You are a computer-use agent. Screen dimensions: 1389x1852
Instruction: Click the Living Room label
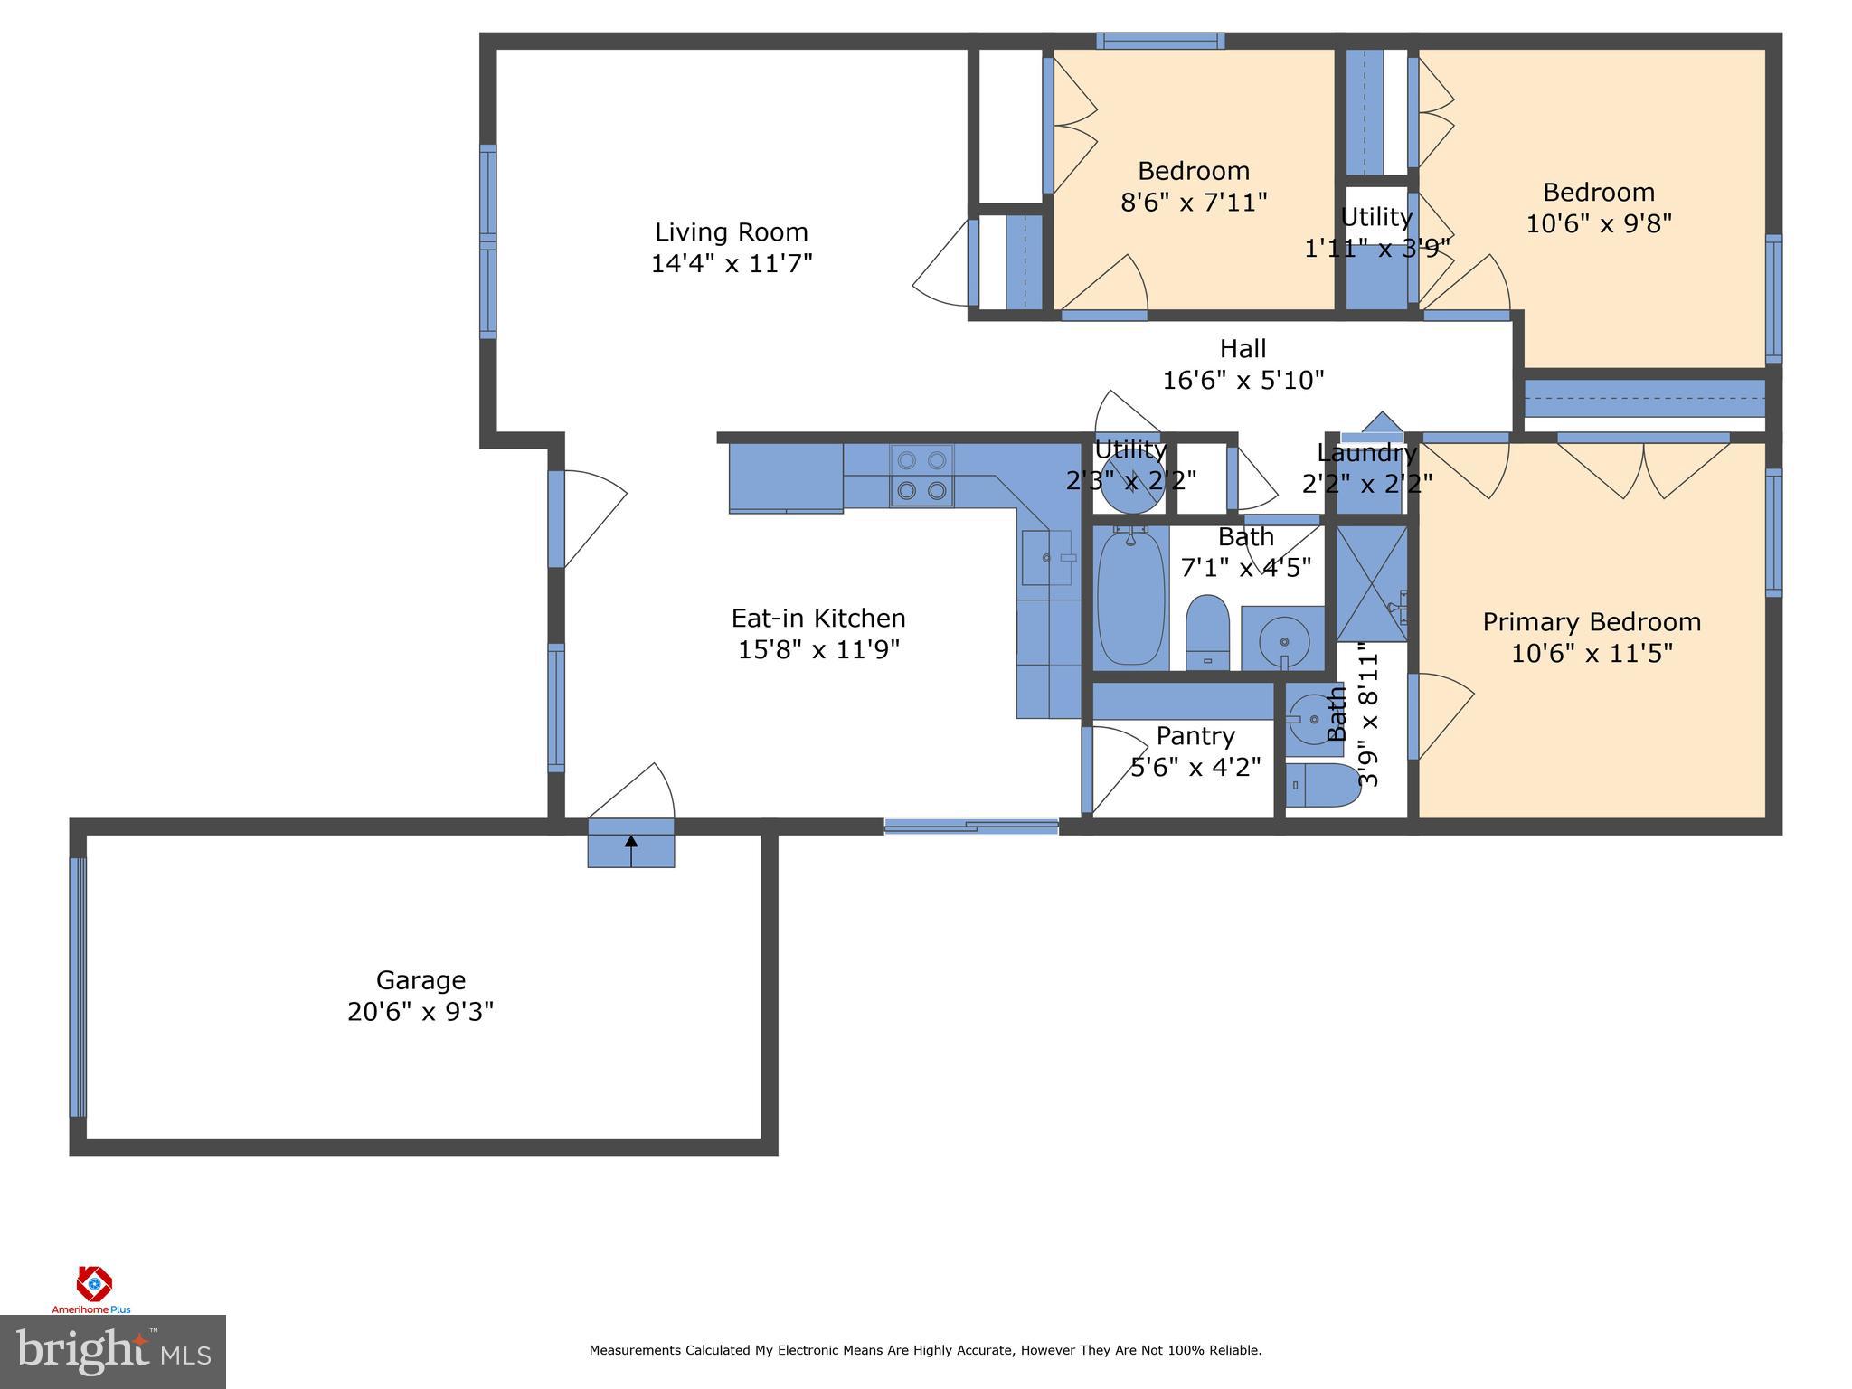click(x=731, y=232)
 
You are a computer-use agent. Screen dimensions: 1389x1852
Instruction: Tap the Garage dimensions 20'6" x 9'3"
click(x=420, y=1011)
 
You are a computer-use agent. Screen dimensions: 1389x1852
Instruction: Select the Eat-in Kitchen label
click(x=817, y=619)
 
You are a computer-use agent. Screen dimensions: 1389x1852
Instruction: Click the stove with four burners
click(x=921, y=475)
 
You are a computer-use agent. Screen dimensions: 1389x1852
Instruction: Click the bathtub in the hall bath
click(x=1129, y=597)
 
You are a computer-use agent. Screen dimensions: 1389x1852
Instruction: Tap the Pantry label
click(x=1195, y=736)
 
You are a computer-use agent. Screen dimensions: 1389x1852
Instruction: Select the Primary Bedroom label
click(x=1591, y=622)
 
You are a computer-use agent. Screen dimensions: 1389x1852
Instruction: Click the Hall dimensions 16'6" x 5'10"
click(x=1243, y=380)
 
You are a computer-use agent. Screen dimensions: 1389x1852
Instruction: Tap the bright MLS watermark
click(x=112, y=1352)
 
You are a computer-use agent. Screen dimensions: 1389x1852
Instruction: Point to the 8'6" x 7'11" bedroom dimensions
click(x=1193, y=202)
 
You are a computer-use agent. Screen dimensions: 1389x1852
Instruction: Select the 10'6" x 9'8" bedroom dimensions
click(x=1598, y=223)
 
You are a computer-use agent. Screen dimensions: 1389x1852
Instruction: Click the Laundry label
click(x=1365, y=452)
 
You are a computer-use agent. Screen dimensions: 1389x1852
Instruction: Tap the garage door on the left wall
click(x=79, y=987)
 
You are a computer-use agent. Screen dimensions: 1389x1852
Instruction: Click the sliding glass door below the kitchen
click(x=970, y=825)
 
